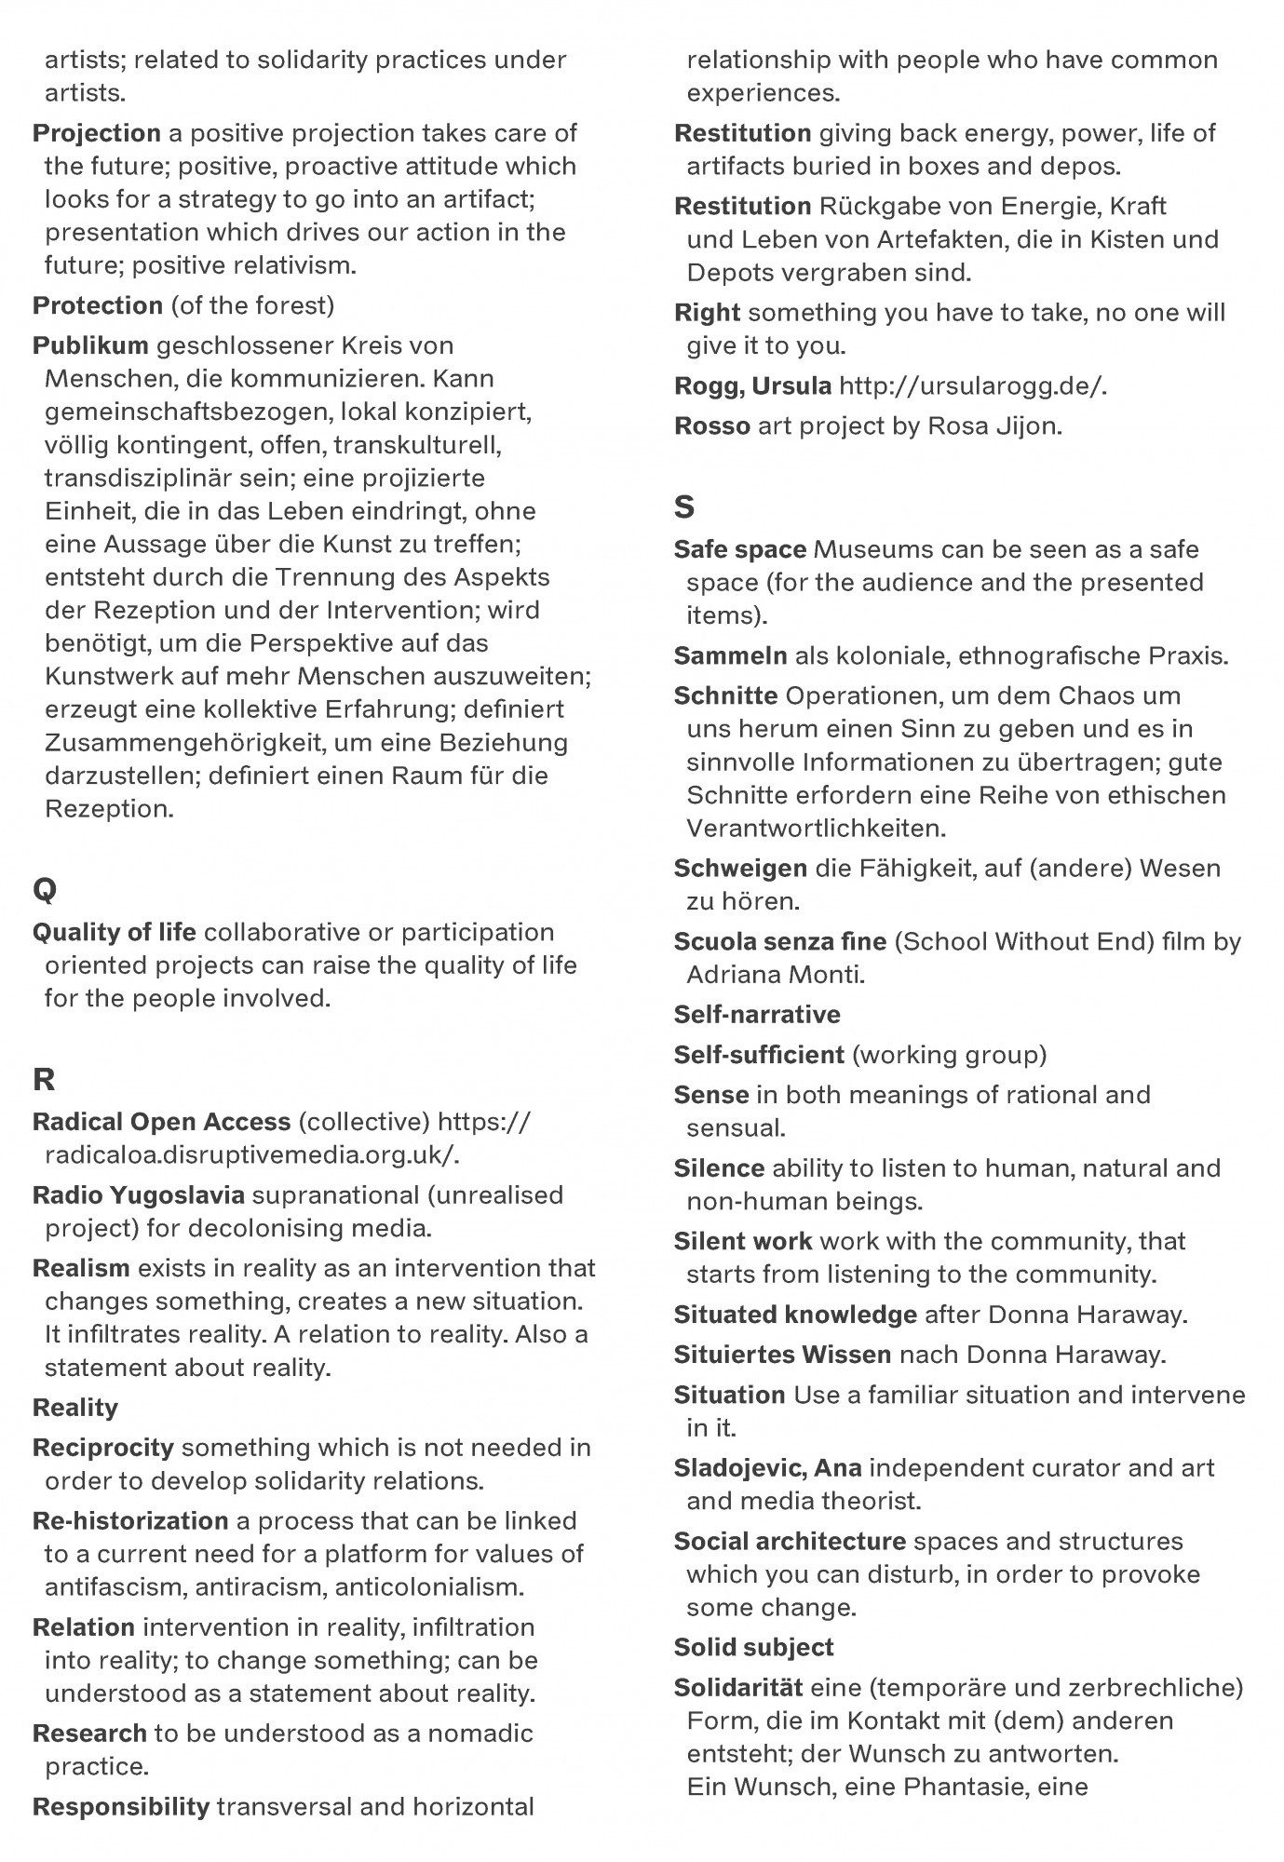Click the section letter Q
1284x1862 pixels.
45,889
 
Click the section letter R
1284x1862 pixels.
44,1079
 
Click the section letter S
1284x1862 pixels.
684,506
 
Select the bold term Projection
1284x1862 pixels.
97,133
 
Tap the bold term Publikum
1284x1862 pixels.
90,345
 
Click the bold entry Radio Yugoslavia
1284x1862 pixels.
139,1194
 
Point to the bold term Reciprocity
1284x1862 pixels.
103,1448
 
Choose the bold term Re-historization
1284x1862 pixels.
130,1521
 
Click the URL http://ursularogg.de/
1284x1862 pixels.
973,385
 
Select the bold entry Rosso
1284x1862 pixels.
712,426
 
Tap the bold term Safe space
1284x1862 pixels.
739,549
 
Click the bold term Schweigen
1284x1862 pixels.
740,869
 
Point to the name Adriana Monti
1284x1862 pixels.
776,975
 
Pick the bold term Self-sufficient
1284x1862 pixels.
759,1055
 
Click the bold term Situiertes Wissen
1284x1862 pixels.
782,1355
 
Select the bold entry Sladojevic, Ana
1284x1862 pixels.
767,1468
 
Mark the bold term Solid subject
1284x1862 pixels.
753,1648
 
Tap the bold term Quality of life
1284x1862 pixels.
115,932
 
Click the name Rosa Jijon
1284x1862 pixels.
993,426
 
